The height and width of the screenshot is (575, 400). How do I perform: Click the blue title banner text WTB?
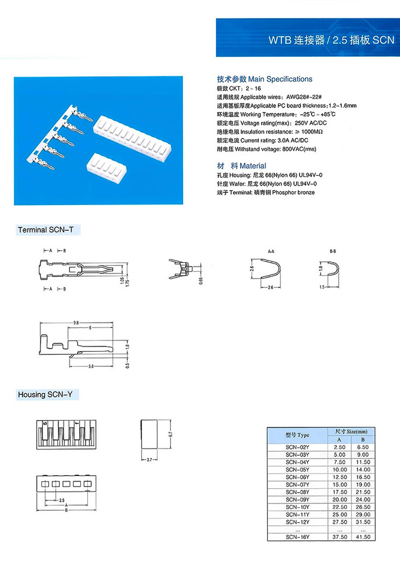(x=280, y=40)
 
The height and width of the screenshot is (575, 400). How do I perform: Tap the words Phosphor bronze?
(x=293, y=193)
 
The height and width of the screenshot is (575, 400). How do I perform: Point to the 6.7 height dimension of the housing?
(x=170, y=434)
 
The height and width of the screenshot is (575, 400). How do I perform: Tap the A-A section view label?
(x=271, y=252)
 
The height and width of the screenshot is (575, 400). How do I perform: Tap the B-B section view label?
(x=333, y=252)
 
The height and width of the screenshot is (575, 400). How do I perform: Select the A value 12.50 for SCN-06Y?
(x=339, y=477)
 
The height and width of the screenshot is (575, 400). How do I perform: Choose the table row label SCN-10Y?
(x=297, y=507)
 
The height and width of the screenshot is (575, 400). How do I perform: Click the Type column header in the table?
(x=297, y=435)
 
